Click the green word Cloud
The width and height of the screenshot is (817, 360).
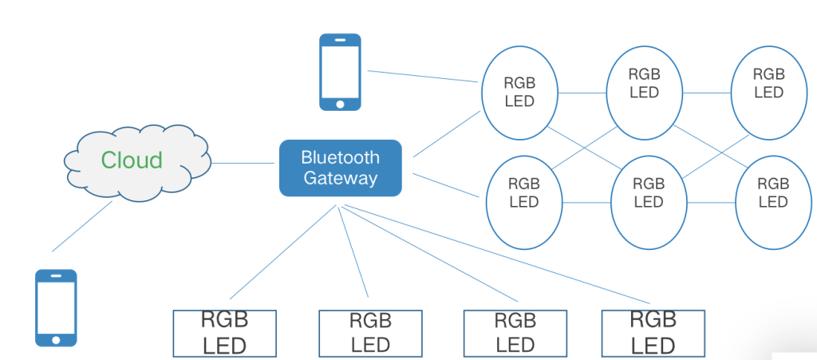point(132,160)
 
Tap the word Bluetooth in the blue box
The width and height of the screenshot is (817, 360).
point(340,157)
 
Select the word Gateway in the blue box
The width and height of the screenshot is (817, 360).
point(340,177)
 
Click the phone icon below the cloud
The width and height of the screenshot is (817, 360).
point(56,307)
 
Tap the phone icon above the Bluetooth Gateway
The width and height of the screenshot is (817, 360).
point(340,72)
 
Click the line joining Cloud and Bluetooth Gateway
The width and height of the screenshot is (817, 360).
point(243,163)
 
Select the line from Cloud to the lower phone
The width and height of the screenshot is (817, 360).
point(81,227)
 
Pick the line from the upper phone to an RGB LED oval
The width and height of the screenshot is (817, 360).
point(423,77)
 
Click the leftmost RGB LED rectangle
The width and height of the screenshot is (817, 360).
point(225,333)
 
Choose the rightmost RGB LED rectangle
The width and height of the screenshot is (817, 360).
point(653,333)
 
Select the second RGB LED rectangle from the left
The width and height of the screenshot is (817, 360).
point(370,333)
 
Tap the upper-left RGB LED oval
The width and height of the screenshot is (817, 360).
point(519,92)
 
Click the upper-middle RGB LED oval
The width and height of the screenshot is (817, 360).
point(644,83)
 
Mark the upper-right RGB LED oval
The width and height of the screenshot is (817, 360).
point(768,83)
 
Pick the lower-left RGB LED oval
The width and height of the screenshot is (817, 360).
point(524,193)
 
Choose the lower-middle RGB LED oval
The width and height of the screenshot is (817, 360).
point(648,193)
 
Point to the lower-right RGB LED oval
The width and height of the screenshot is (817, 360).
point(772,193)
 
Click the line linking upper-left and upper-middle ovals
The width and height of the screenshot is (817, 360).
point(582,93)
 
